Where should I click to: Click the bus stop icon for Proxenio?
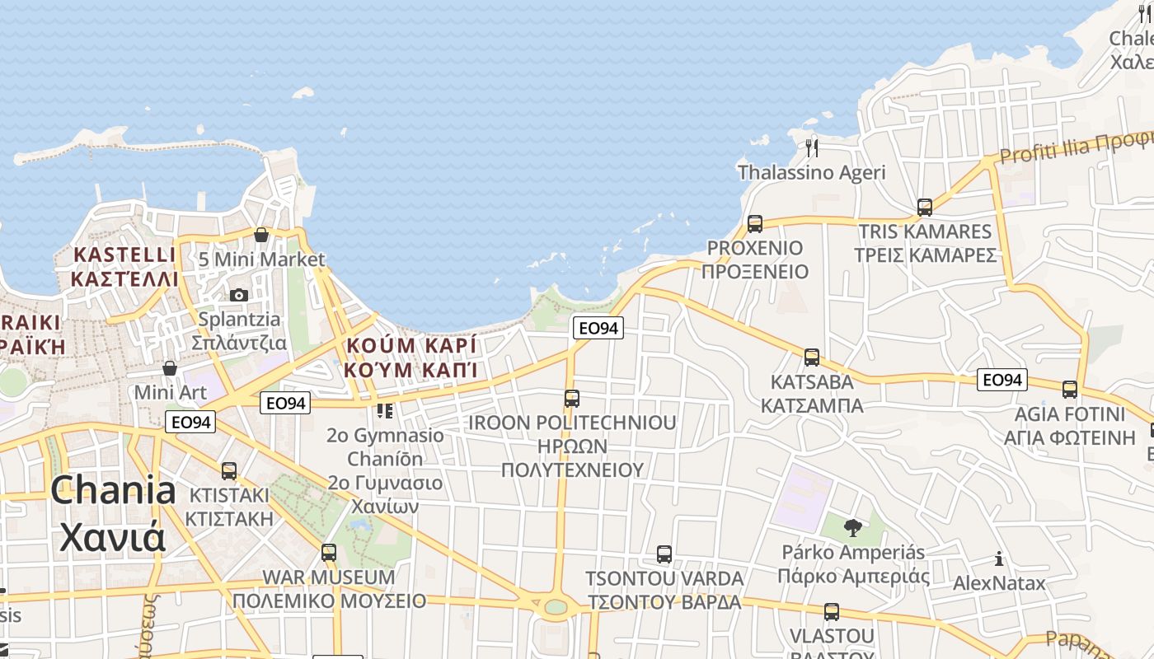click(754, 223)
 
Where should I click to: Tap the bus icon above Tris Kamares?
click(925, 207)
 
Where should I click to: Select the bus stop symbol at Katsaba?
click(812, 358)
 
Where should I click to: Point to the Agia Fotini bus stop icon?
click(1070, 390)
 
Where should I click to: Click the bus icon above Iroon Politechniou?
click(572, 399)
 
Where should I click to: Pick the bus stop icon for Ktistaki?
click(229, 471)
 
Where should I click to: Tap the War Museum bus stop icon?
click(329, 552)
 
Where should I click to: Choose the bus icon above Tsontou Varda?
click(664, 554)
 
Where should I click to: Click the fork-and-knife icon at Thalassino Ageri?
click(812, 148)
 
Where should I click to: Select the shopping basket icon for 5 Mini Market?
click(261, 235)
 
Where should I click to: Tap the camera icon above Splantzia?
click(239, 295)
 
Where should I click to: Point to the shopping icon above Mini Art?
click(170, 367)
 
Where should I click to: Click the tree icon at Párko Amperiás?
click(853, 528)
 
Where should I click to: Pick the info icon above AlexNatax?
click(999, 559)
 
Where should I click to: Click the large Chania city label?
click(113, 514)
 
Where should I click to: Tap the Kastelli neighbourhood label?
click(124, 266)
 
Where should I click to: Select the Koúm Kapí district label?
click(411, 357)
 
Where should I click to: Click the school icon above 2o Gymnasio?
click(385, 410)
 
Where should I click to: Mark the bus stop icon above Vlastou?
click(832, 612)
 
